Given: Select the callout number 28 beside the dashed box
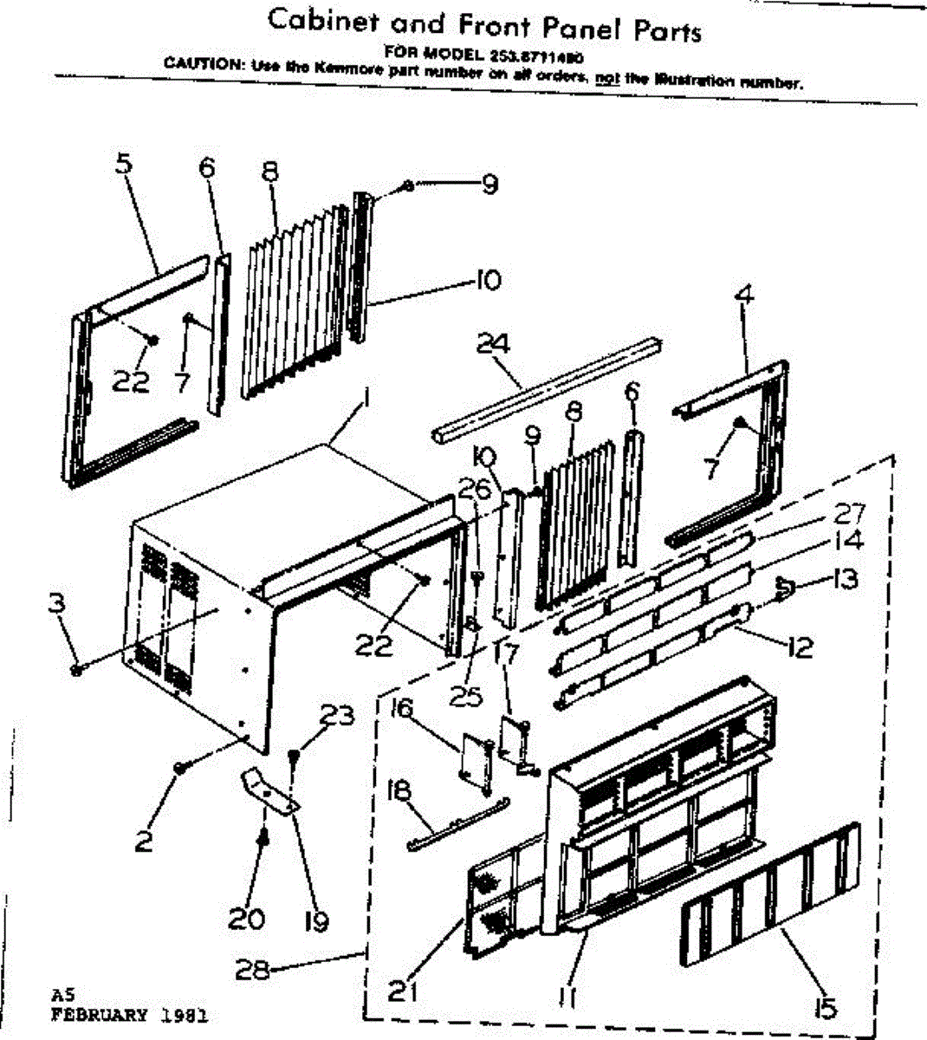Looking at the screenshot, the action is pos(252,972).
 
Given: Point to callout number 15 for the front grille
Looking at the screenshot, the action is pos(826,1007).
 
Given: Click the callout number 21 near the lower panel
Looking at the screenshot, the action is pos(400,990).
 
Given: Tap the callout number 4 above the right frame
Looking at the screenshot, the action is pos(742,296).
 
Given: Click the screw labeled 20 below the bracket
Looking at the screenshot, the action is pos(262,837).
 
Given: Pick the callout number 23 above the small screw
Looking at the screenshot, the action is pos(336,717).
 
